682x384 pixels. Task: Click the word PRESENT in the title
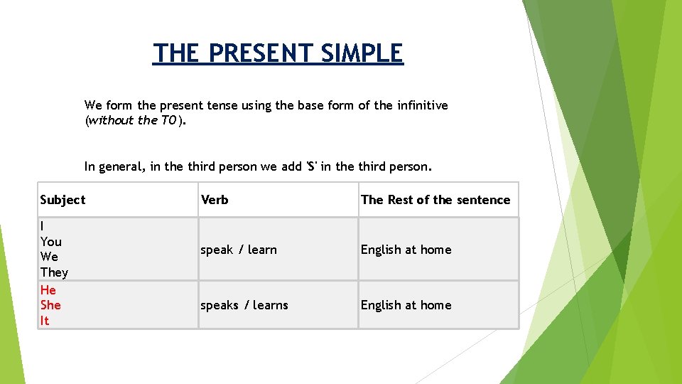263,53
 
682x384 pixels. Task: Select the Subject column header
63,200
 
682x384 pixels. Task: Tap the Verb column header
215,200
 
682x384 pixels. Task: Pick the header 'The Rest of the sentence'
435,200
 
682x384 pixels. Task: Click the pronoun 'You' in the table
51,242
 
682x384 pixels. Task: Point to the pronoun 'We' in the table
50,257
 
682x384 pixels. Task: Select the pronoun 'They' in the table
54,272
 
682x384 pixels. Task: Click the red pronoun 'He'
48,290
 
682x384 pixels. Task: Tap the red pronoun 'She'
50,305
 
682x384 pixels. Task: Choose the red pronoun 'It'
45,321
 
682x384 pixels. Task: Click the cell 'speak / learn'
239,250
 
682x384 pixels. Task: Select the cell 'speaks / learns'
244,305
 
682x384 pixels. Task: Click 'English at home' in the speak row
406,250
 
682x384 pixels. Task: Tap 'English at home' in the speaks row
406,305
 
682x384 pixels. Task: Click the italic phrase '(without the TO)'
135,120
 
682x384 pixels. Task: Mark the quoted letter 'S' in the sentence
311,167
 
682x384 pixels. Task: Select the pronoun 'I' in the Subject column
43,226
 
